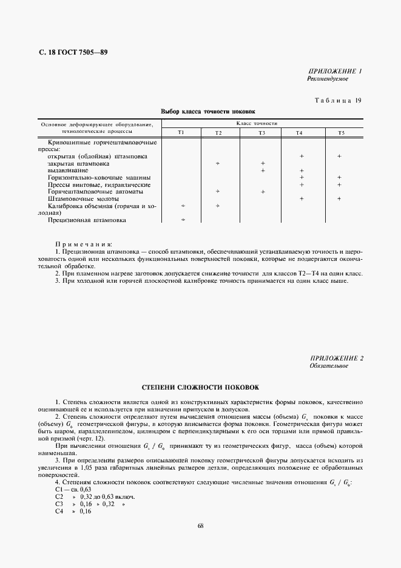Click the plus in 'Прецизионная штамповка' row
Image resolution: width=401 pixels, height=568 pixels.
183,220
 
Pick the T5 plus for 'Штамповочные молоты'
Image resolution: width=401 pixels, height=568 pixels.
339,199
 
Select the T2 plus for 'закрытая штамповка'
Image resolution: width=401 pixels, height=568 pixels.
217,164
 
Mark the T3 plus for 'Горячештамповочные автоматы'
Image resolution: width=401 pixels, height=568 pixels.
263,192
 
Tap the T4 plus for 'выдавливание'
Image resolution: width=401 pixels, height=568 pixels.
302,171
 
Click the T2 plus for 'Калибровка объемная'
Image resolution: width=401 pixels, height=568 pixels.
217,206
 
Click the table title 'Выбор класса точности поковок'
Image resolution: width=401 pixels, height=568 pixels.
208,112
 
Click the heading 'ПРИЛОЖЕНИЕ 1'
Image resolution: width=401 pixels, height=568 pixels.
335,71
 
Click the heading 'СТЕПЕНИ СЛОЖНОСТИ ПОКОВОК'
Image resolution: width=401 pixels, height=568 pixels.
200,386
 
